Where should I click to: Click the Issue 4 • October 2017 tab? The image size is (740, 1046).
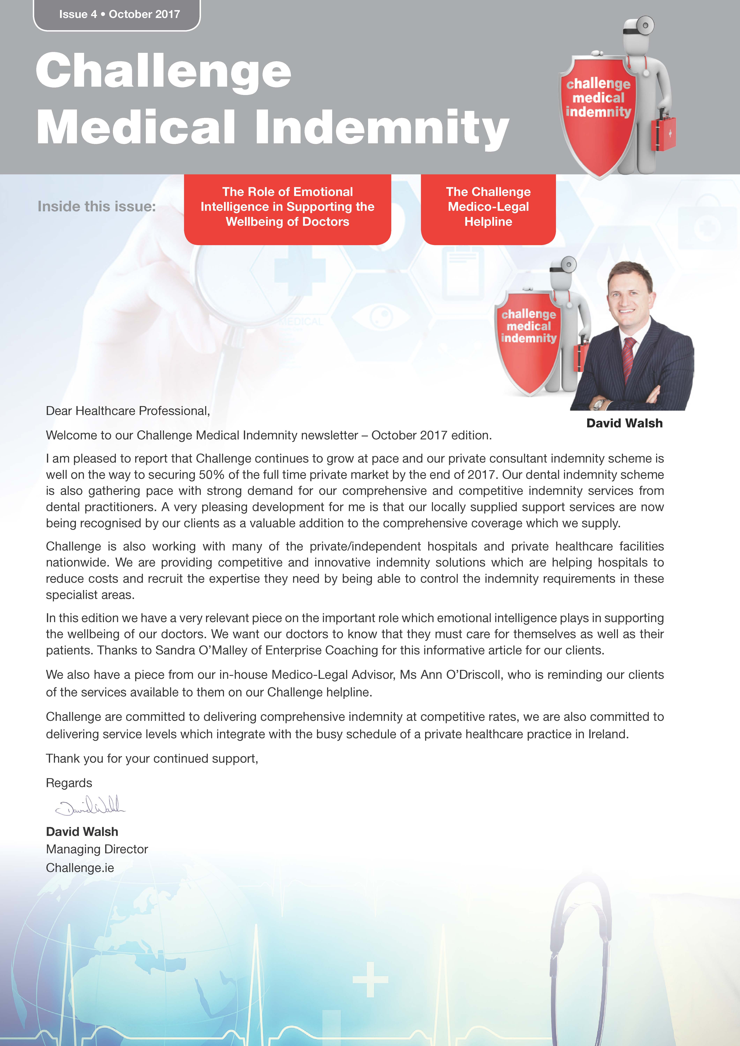coord(117,15)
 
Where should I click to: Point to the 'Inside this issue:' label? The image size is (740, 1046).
coord(97,206)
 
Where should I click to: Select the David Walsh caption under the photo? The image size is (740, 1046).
coord(624,423)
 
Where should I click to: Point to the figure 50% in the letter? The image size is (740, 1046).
coord(211,475)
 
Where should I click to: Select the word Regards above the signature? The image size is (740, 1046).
coord(69,783)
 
